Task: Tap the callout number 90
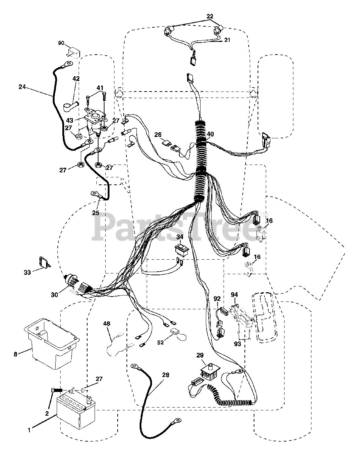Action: click(x=61, y=43)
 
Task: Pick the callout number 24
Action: click(x=22, y=86)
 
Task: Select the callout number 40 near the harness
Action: click(x=210, y=134)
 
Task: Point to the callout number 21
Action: click(x=227, y=40)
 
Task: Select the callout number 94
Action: click(x=234, y=294)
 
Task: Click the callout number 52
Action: click(x=161, y=342)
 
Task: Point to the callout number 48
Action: click(x=107, y=323)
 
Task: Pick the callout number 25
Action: click(x=95, y=213)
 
